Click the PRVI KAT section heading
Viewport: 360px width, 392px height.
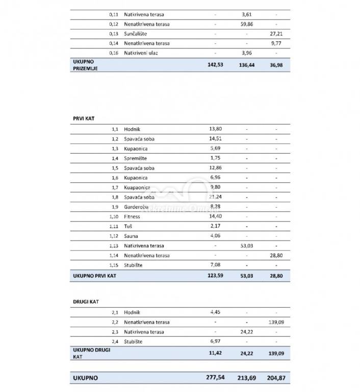(84, 118)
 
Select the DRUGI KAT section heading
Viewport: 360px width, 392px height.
(86, 302)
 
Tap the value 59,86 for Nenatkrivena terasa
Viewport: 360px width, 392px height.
(246, 24)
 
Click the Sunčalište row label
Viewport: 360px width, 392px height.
(135, 34)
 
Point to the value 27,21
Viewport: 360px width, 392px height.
(276, 34)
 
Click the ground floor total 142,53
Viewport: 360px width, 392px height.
(216, 65)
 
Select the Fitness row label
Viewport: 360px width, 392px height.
(132, 217)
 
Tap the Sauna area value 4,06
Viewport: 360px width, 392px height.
(216, 236)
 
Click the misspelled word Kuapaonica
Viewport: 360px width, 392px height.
(137, 188)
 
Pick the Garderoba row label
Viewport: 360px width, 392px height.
(136, 207)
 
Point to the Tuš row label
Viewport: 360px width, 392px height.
(128, 227)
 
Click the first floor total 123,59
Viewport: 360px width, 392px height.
(216, 276)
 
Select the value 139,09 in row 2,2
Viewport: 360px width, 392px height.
(276, 323)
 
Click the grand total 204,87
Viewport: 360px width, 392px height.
(276, 379)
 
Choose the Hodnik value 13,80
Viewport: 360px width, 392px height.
(216, 130)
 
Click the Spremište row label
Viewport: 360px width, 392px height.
(136, 159)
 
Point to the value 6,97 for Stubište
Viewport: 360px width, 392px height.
(216, 341)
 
